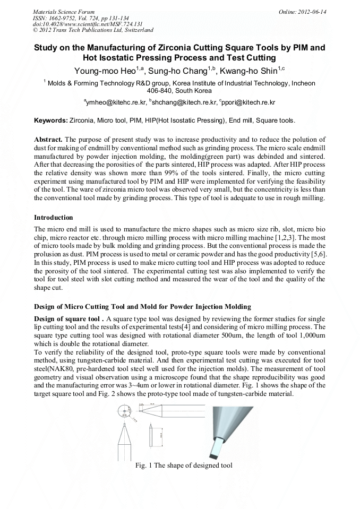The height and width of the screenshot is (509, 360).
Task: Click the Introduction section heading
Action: click(x=53, y=218)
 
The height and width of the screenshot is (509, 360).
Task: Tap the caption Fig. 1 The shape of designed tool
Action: click(x=184, y=465)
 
